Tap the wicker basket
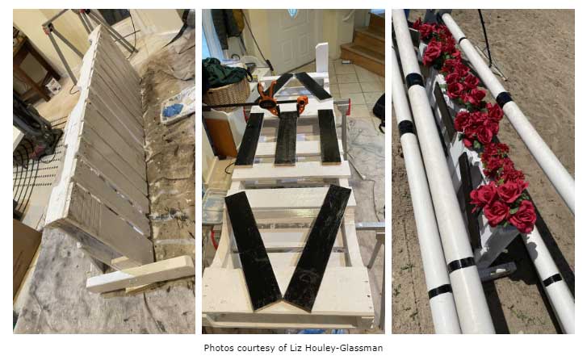[227, 93]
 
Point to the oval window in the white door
[292, 13]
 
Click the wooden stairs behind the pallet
[364, 45]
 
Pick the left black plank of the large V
[253, 250]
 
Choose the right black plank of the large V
[317, 247]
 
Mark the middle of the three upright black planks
[286, 138]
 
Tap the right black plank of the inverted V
[313, 86]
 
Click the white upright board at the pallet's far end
[322, 57]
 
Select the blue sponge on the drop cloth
[174, 110]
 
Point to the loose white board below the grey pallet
[140, 274]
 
